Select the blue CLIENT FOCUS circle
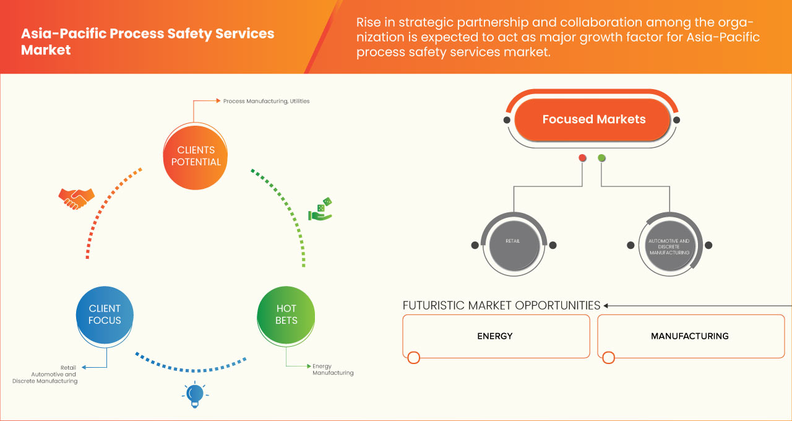105,315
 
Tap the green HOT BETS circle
286,315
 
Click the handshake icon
76,198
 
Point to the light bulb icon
195,394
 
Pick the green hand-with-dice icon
321,210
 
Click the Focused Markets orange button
593,119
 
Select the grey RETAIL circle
514,245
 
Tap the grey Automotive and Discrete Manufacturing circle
669,245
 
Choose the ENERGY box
496,336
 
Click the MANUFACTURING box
690,336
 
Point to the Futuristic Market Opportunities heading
501,305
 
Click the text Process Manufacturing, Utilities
266,101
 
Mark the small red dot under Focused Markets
582,158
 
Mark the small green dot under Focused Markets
601,158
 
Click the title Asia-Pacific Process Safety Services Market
147,41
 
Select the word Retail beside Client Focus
68,367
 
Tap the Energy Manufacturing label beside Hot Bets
333,370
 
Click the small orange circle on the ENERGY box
414,357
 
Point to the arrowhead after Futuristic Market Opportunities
606,305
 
